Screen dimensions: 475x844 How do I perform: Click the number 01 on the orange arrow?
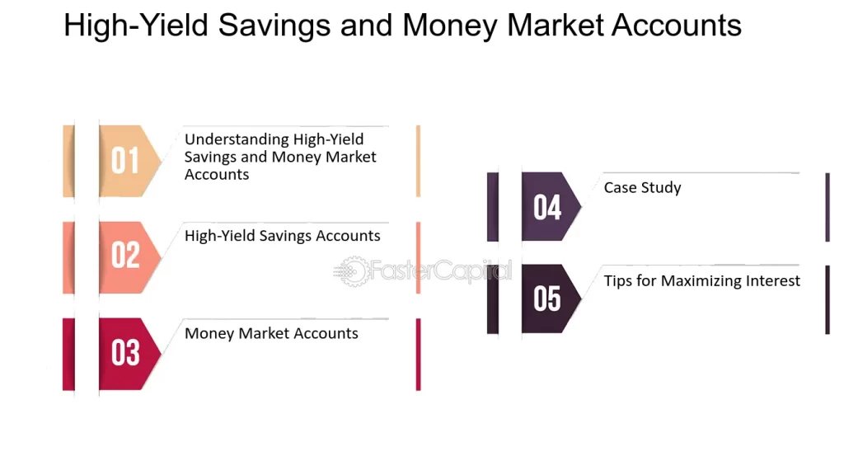pyautogui.click(x=125, y=161)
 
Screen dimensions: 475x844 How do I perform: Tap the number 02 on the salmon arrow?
pyautogui.click(x=125, y=256)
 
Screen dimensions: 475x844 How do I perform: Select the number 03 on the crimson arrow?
pyautogui.click(x=125, y=353)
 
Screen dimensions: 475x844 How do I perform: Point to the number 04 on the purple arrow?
pyautogui.click(x=547, y=208)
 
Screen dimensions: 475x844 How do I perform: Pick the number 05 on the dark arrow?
pyautogui.click(x=547, y=299)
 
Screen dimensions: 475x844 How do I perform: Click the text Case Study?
pyautogui.click(x=642, y=188)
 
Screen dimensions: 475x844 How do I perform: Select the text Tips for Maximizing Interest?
pyautogui.click(x=701, y=281)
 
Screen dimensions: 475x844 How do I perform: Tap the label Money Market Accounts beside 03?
pyautogui.click(x=271, y=334)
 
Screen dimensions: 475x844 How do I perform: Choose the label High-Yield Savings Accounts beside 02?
pyautogui.click(x=282, y=236)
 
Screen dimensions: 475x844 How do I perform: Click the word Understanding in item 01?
pyautogui.click(x=237, y=139)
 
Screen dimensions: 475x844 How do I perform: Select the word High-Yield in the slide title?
pyautogui.click(x=136, y=26)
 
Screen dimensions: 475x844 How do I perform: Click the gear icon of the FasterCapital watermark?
pyautogui.click(x=352, y=271)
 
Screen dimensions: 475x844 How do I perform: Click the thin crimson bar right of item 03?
pyautogui.click(x=418, y=354)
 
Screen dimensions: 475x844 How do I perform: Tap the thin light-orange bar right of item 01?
pyautogui.click(x=418, y=161)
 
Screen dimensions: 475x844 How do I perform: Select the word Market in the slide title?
pyautogui.click(x=556, y=26)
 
